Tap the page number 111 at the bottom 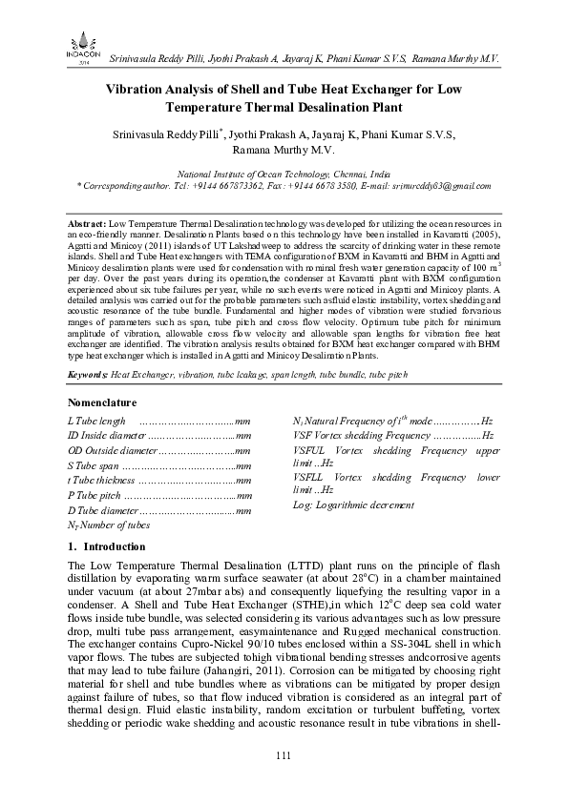click(283, 756)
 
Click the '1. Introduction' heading click(107, 546)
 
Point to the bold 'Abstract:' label click(89, 220)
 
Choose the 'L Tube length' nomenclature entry click(96, 421)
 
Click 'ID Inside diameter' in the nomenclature click(106, 435)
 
